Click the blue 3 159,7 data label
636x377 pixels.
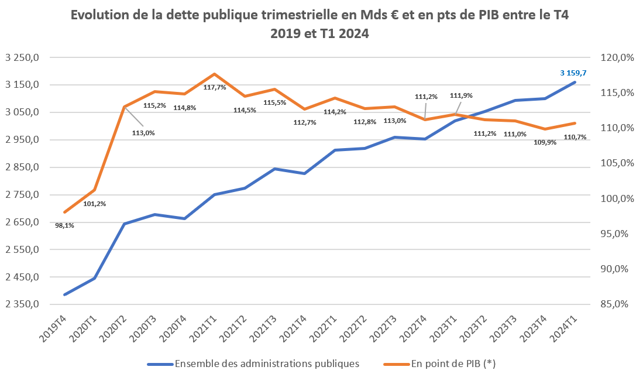click(x=573, y=73)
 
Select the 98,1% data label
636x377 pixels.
click(x=64, y=225)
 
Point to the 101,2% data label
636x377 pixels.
click(x=95, y=204)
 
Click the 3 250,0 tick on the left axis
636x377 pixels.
click(x=22, y=57)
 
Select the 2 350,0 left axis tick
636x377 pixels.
click(x=22, y=304)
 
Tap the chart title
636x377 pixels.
click(x=319, y=25)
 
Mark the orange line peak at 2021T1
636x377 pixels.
click(x=215, y=74)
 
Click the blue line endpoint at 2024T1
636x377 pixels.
click(x=575, y=83)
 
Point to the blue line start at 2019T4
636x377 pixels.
click(x=65, y=294)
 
